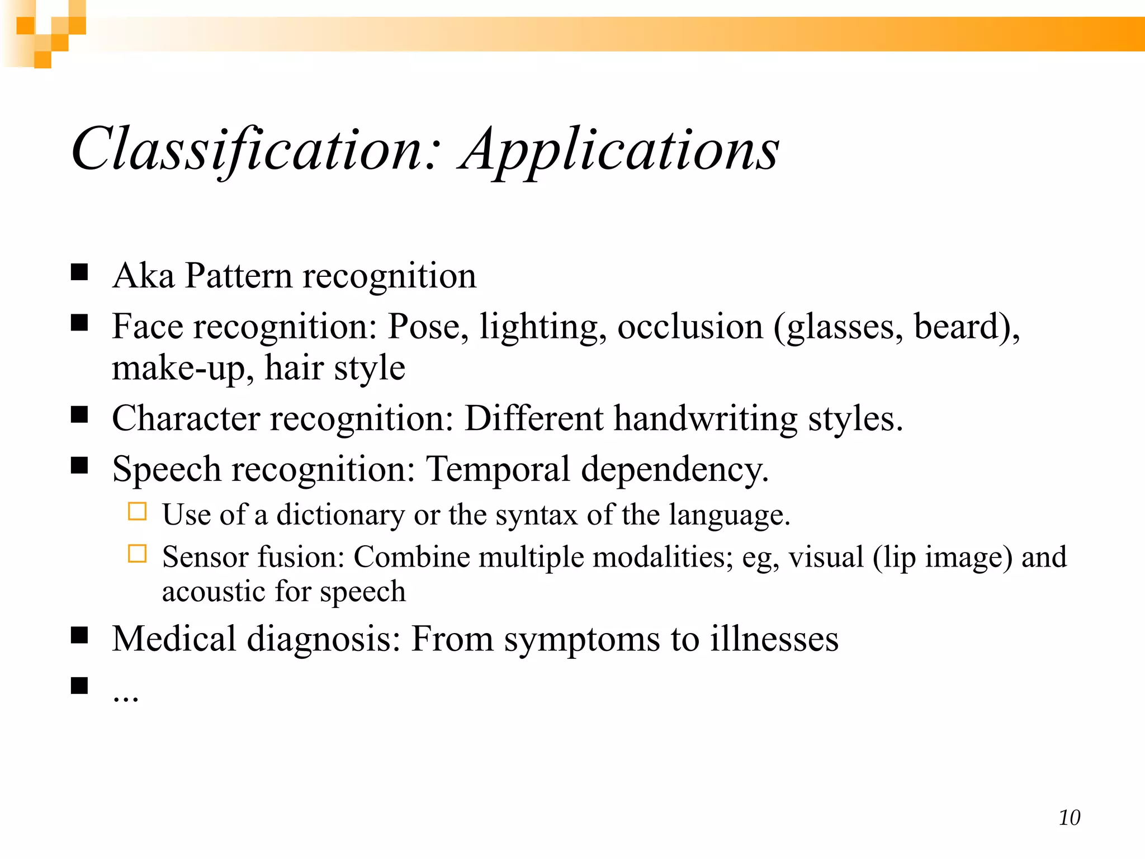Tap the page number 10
[x=1069, y=818]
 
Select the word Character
[x=186, y=418]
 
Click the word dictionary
[x=340, y=515]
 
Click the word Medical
[x=174, y=639]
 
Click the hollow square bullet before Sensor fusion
[x=137, y=554]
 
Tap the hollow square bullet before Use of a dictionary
[x=137, y=511]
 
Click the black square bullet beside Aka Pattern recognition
[x=79, y=272]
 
